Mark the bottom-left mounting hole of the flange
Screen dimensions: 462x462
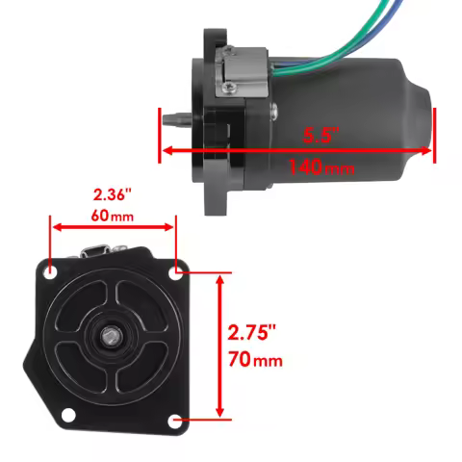pos(68,415)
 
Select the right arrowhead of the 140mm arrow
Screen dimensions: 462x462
pos(430,150)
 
